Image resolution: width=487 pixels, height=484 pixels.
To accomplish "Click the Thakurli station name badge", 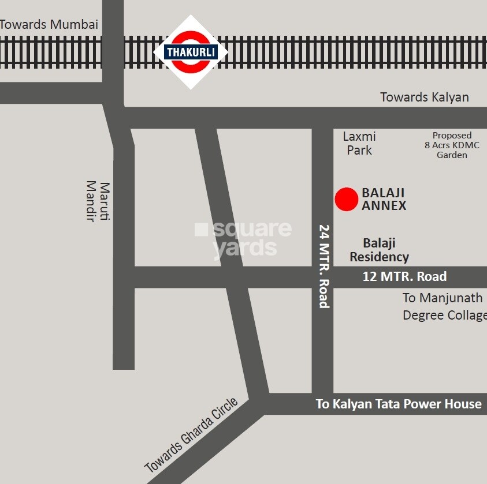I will coord(191,52).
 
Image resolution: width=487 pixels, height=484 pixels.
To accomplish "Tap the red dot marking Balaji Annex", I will coord(347,199).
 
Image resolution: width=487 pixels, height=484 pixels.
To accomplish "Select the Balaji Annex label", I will coord(384,198).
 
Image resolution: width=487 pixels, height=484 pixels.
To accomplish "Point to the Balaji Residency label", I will coord(379,250).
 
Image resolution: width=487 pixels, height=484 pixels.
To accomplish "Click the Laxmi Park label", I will coord(359,143).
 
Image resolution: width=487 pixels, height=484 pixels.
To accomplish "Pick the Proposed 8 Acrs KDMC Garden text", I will coord(452,145).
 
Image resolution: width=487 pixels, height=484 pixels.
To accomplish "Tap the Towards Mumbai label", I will coord(49,25).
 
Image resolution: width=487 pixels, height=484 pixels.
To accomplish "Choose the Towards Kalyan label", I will coord(425,97).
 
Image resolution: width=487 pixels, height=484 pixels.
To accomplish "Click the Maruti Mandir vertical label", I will coord(98,201).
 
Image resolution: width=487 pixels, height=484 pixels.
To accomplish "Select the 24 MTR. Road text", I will coord(324,266).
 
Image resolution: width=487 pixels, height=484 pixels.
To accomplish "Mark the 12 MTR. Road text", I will coord(404,276).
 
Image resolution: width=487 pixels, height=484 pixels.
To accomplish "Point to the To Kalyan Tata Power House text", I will coord(399,404).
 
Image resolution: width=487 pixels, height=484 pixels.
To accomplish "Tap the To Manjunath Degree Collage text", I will coord(444,306).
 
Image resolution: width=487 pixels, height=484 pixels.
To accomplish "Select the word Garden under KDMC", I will coord(452,155).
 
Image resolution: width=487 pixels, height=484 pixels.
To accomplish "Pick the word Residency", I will coord(379,257).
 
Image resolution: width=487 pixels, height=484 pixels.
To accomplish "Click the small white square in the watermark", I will coord(201,230).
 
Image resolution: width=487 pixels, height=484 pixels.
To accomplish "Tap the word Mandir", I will coord(91,201).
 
